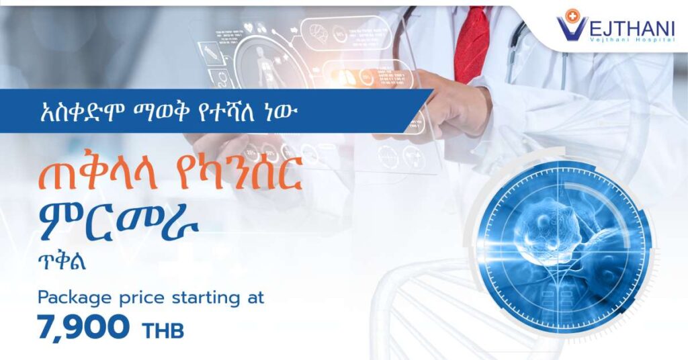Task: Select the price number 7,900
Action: [83, 328]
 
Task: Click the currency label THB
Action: [163, 331]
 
